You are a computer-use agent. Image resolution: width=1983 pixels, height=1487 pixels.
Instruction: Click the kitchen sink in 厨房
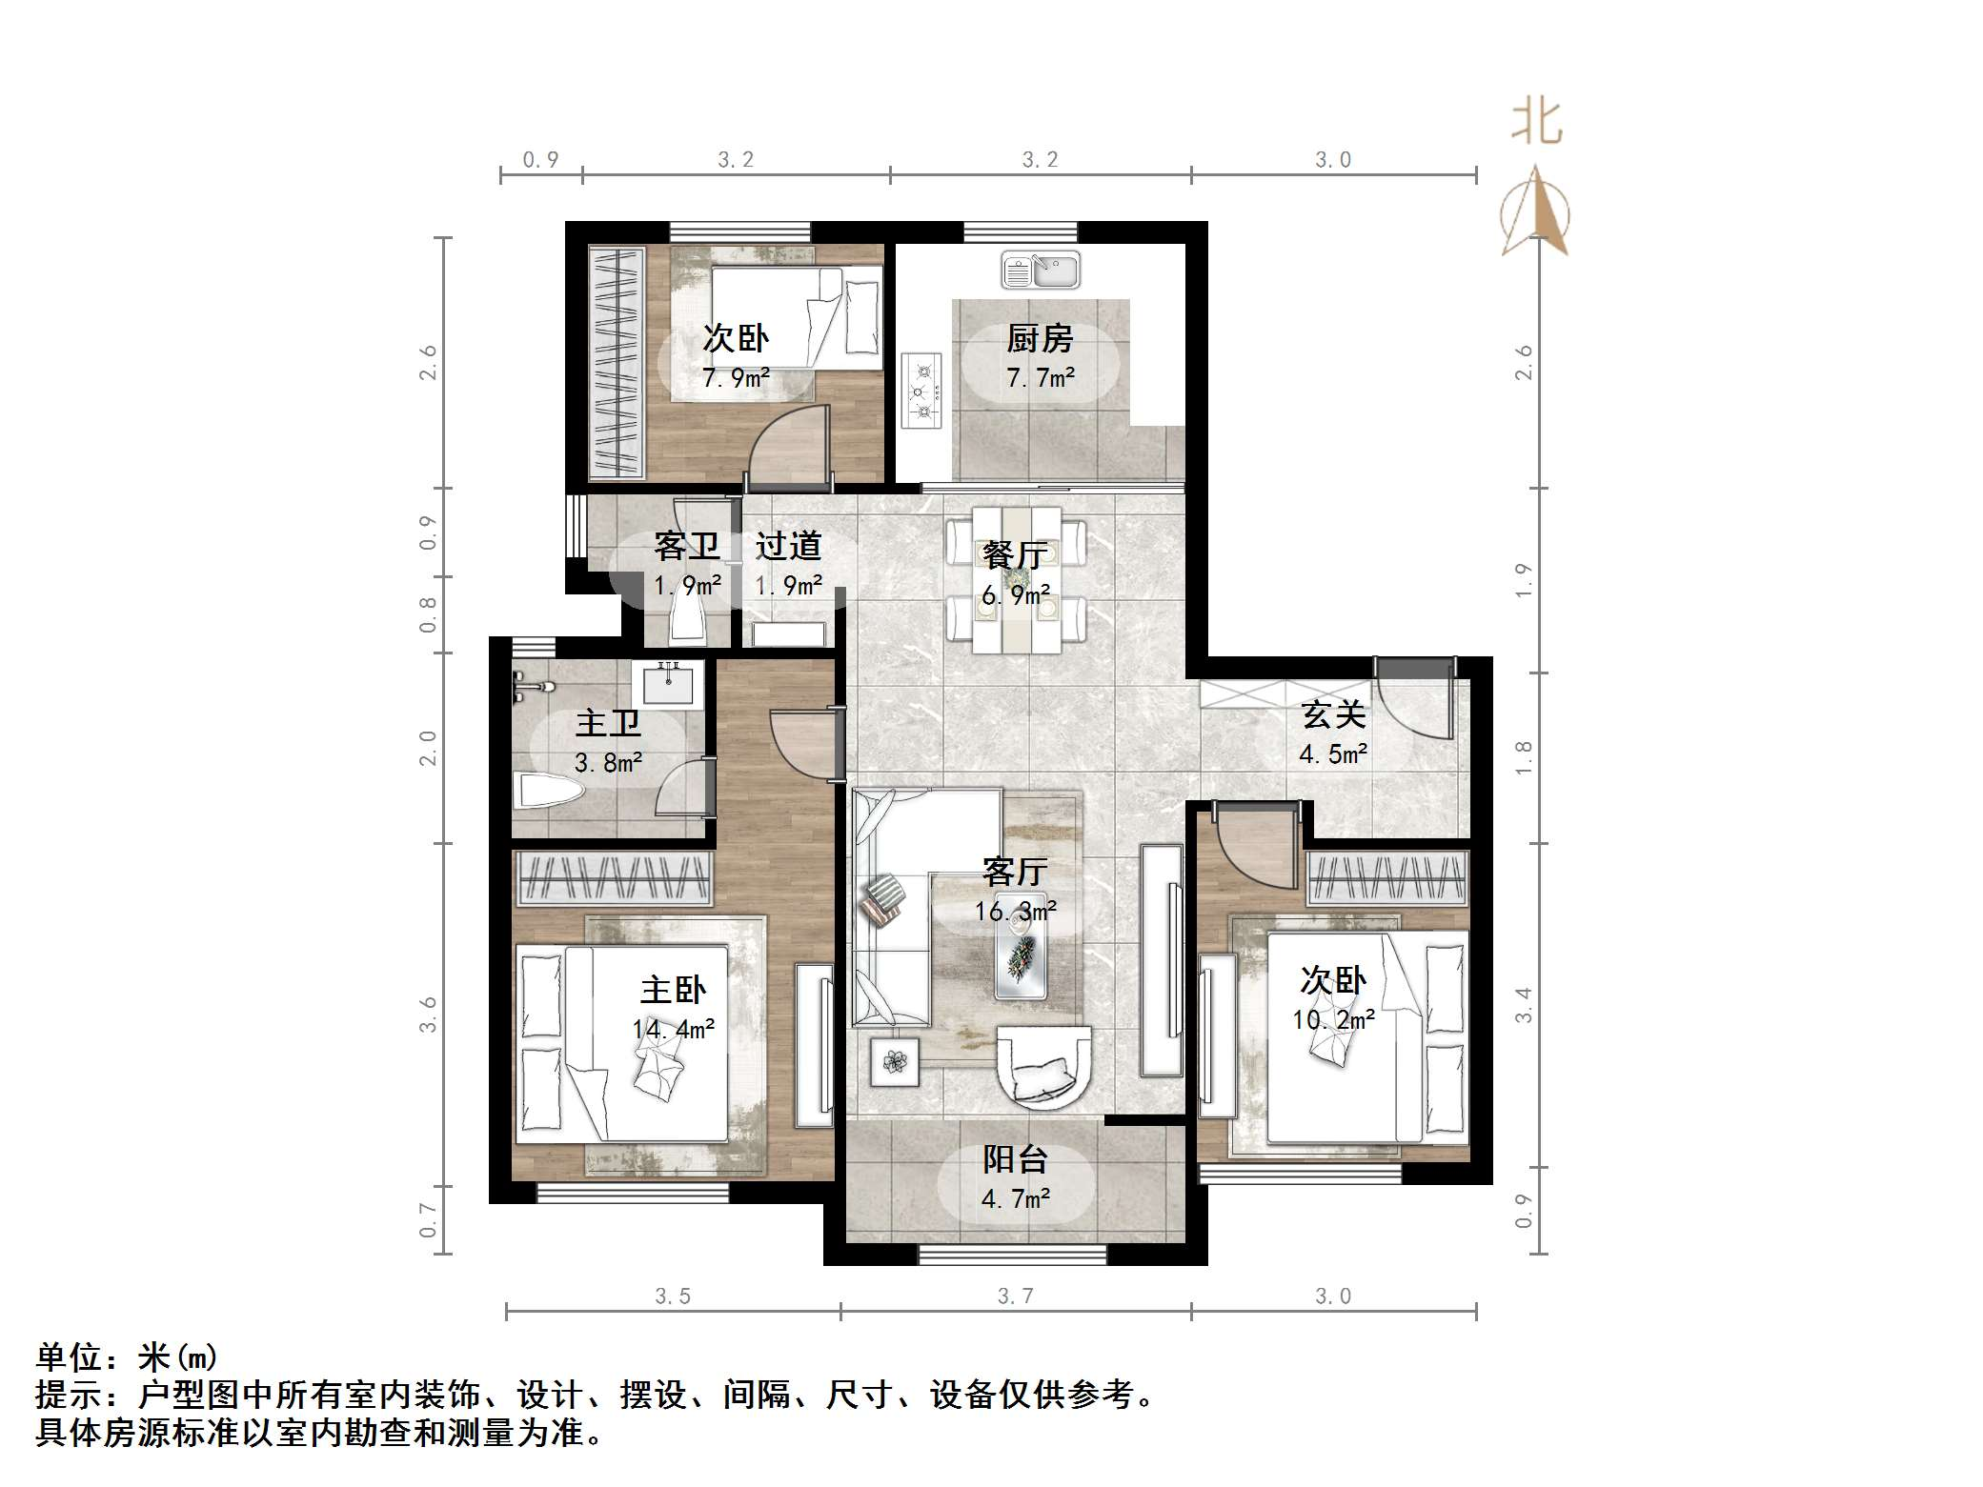pos(1040,270)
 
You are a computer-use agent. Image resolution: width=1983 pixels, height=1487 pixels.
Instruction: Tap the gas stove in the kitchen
pos(921,390)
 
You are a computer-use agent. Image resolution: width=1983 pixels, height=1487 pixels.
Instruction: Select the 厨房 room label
pos(1040,338)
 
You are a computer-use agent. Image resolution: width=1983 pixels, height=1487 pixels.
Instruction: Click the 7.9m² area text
pos(736,378)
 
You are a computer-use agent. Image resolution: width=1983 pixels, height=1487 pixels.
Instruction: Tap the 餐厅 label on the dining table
pos(1015,554)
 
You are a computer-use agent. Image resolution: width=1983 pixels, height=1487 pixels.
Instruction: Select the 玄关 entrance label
pos(1333,714)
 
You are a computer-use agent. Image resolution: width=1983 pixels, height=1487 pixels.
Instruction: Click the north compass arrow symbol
pos(1535,211)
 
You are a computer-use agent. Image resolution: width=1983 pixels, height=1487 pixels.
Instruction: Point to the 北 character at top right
pos(1536,123)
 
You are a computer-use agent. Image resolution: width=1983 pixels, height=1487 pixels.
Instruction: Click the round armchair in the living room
pos(1043,1067)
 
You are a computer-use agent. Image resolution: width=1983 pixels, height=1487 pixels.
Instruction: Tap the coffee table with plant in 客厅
pos(1021,954)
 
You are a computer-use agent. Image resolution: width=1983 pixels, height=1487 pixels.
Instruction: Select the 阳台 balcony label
pos(1015,1159)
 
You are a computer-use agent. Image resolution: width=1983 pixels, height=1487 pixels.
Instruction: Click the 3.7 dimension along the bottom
pos(1015,1296)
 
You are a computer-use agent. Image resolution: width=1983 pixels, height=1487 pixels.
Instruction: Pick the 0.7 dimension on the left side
pos(428,1220)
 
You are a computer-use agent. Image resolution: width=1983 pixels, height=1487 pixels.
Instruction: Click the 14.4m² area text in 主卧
pos(673,1030)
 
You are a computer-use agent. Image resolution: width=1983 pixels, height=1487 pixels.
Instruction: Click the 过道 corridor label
pos(788,546)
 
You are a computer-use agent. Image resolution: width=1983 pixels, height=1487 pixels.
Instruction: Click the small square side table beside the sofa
pos(894,1061)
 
